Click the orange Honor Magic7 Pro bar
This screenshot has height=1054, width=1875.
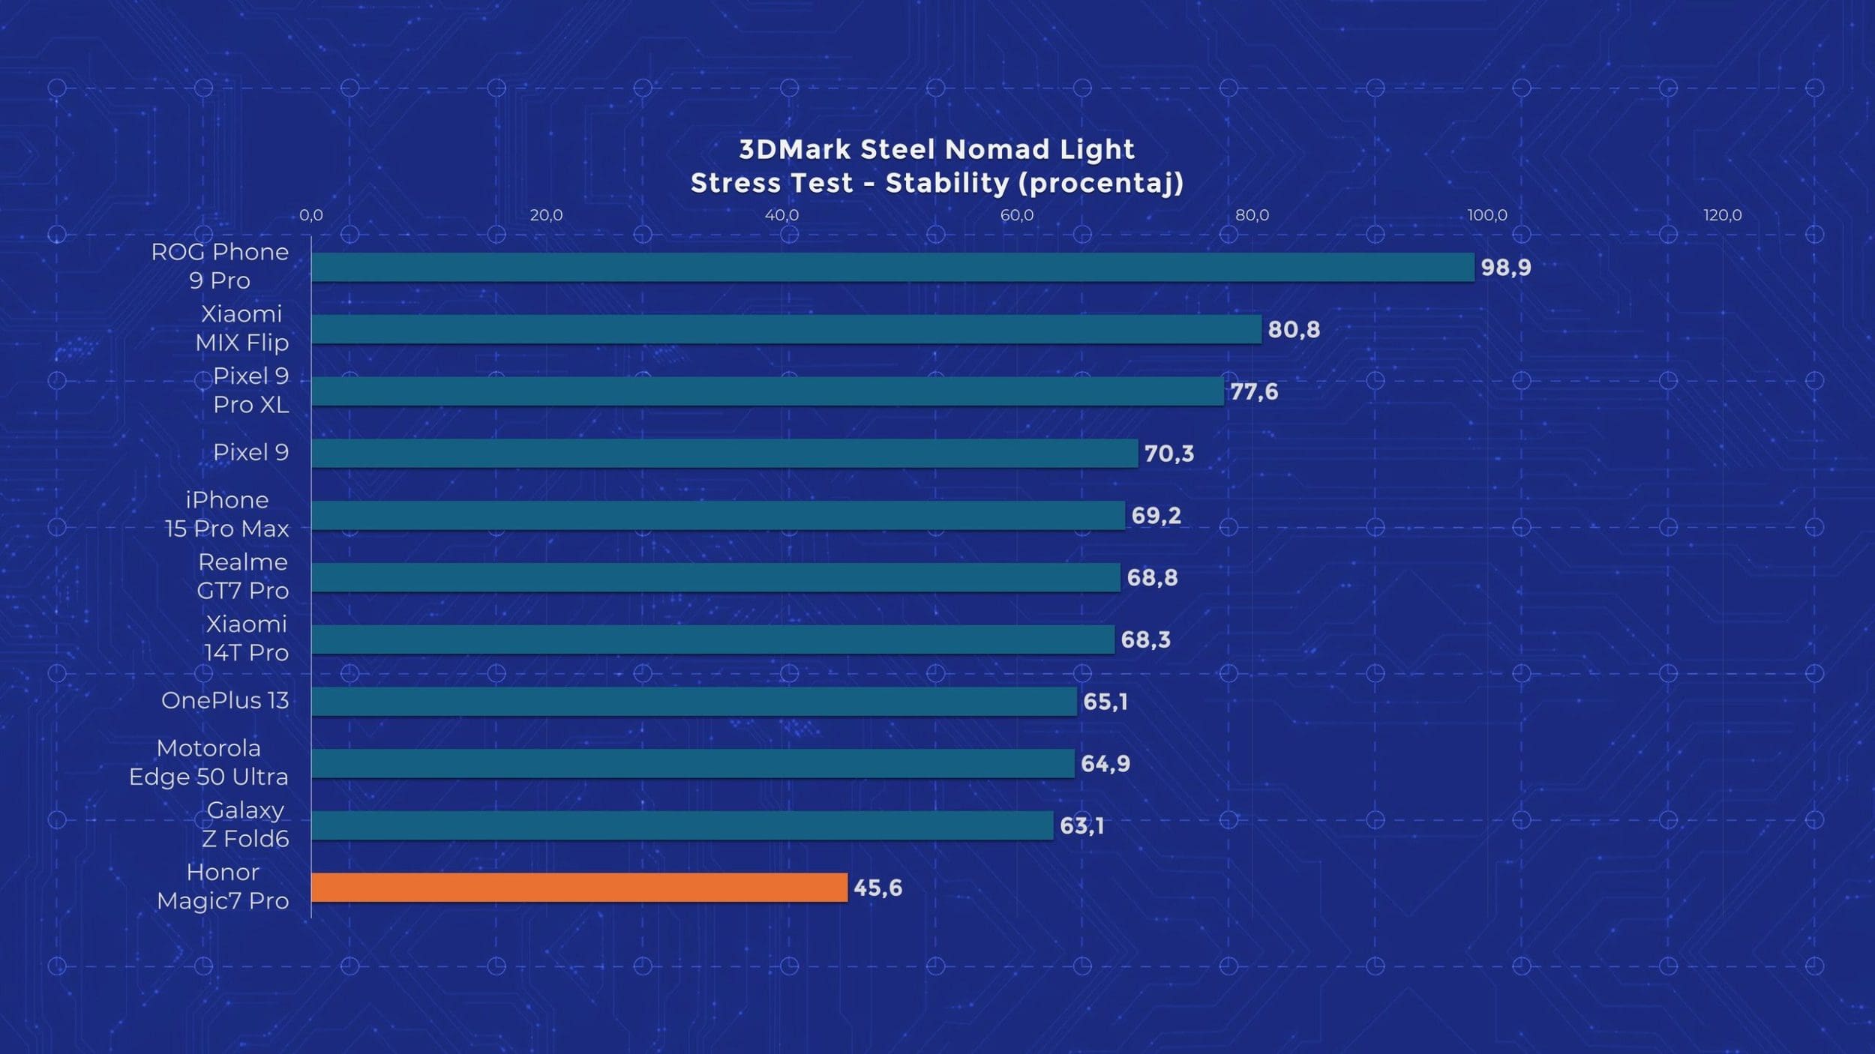coord(579,888)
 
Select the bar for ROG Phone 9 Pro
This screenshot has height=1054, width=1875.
coord(892,268)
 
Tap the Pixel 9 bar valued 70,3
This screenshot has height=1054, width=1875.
coord(724,454)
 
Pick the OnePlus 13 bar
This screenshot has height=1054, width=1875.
coord(694,702)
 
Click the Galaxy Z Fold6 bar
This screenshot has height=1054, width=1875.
coord(682,825)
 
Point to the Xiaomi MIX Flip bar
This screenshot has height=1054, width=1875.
coord(786,330)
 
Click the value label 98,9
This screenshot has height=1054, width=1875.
coord(1505,268)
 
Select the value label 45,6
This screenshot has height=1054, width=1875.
coord(877,888)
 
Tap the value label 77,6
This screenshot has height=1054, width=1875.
coord(1254,392)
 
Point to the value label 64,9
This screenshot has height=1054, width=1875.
coord(1105,764)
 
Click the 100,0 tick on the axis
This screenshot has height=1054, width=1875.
coord(1486,216)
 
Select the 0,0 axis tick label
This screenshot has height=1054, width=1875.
coord(310,216)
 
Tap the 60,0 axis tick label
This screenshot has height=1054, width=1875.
coord(1016,216)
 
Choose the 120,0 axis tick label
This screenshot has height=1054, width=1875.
coord(1722,216)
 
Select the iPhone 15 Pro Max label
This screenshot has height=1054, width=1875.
coord(226,514)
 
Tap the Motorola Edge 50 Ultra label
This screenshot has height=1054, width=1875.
coord(208,762)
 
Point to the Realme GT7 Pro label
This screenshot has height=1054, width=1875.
coord(242,576)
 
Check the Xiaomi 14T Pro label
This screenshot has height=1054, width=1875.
coord(246,639)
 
